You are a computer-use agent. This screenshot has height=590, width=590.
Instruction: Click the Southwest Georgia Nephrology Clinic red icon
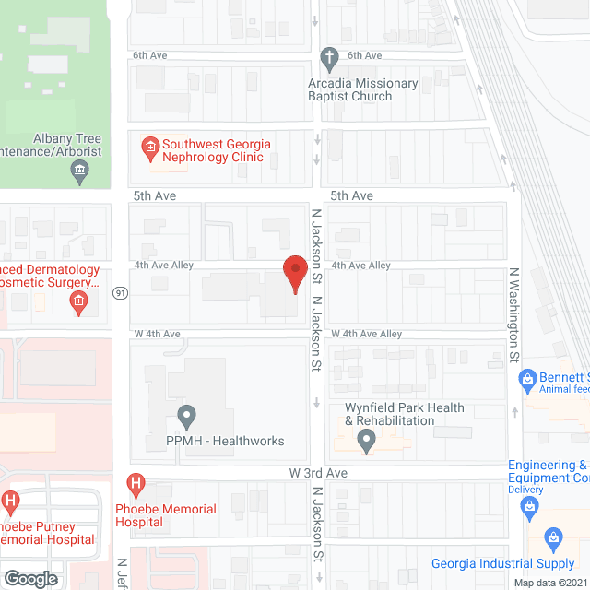147,146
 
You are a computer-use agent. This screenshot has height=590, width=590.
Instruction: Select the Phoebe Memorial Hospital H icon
136,482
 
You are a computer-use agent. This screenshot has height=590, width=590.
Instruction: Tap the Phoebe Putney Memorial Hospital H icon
11,502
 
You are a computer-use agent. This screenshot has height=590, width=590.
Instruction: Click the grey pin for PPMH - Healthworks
186,415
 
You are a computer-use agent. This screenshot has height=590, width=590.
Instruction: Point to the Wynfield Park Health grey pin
367,442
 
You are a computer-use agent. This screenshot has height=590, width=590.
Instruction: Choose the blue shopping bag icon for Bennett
527,378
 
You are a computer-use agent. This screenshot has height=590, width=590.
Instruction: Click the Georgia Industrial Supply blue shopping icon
552,537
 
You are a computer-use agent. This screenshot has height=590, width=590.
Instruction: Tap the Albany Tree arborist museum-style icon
80,169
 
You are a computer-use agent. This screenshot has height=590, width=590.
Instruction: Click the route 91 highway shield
121,293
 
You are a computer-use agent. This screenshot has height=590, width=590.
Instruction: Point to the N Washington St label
514,313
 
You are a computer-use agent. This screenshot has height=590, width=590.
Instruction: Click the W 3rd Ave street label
318,471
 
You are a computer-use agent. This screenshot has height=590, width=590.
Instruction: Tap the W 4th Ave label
157,334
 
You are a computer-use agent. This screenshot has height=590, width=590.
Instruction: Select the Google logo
30,578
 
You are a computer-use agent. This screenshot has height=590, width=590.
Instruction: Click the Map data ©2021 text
549,583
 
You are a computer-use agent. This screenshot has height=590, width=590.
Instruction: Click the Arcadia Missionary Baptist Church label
363,90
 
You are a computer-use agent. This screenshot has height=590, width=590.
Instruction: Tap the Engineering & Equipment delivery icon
530,505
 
